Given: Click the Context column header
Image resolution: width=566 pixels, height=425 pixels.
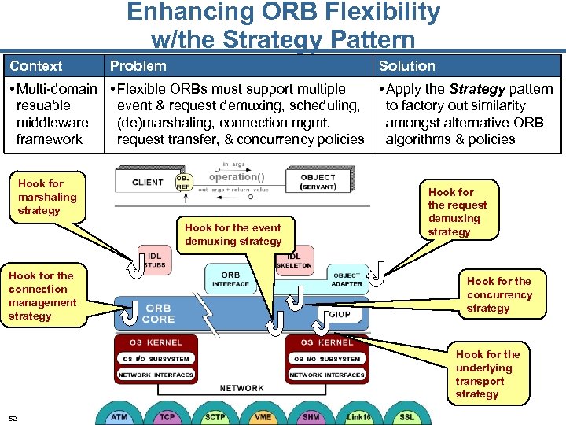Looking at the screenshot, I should click(36, 66).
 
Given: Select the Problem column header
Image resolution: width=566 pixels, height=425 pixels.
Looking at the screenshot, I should click(138, 66).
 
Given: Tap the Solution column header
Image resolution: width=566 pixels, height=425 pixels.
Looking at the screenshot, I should click(406, 66).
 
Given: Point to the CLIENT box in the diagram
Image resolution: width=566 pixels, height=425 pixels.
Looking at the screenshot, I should click(148, 183).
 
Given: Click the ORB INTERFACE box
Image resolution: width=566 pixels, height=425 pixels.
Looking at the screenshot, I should click(230, 279).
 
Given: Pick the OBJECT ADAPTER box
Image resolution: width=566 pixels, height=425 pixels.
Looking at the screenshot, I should click(347, 279).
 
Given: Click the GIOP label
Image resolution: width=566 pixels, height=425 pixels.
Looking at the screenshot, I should click(340, 313).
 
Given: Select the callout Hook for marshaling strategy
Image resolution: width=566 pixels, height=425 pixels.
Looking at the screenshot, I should click(47, 197).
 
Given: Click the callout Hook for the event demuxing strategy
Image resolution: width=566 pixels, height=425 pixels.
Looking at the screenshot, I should click(233, 235).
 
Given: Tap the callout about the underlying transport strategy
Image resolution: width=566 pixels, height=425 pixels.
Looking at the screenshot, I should click(487, 374).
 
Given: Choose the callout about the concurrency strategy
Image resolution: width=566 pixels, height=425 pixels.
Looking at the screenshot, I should click(499, 294).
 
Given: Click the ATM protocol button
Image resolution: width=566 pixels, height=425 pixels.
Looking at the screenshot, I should click(119, 416).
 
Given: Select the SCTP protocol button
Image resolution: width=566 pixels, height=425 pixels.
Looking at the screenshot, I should click(215, 416).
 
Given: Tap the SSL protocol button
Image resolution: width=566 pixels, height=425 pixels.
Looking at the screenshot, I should click(406, 416).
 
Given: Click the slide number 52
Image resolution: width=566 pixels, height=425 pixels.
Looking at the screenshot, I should click(13, 418).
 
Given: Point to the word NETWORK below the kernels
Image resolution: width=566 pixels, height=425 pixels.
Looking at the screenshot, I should click(241, 388).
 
